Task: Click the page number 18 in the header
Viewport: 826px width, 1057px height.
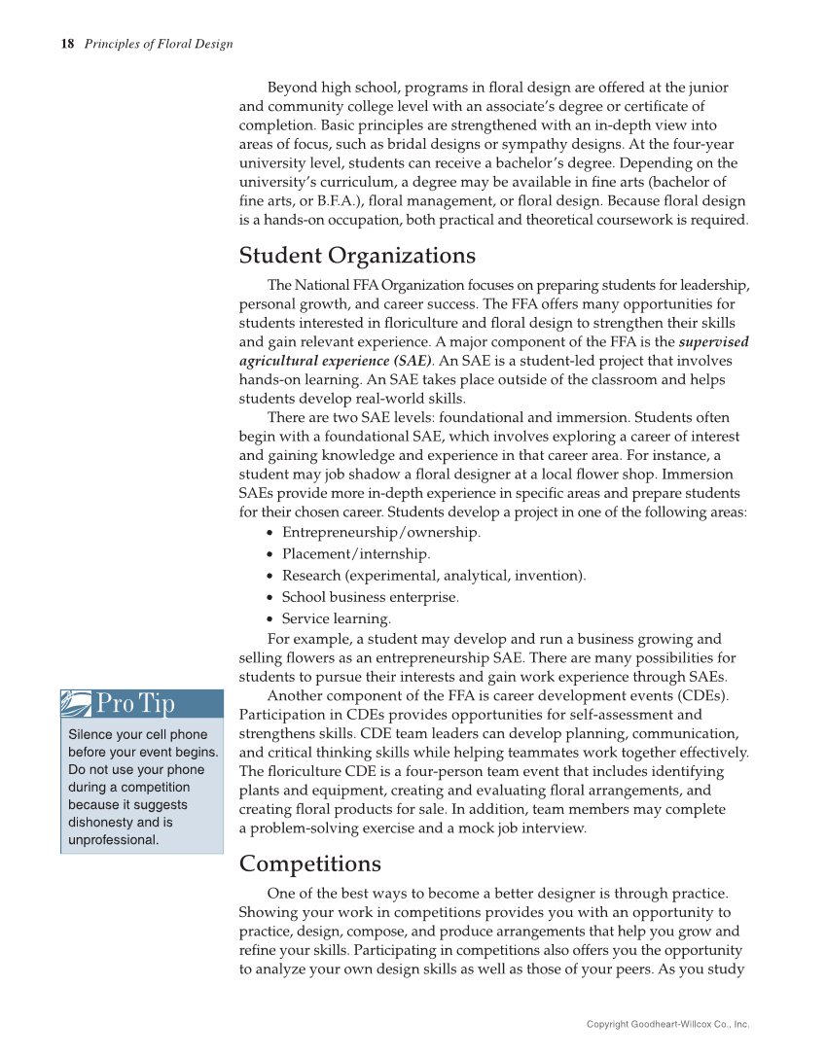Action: pos(67,44)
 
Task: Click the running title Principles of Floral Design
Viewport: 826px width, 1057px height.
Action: pos(159,44)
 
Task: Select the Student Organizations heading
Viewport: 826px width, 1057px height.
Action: pos(357,256)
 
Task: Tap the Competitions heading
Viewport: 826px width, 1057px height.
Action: pos(309,863)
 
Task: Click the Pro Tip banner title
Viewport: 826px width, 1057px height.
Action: pos(135,703)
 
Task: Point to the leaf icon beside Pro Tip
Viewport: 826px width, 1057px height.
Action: pos(77,703)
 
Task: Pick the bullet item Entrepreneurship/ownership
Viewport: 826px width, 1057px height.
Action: pos(380,532)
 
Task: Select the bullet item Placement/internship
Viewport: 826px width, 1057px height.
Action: pos(355,553)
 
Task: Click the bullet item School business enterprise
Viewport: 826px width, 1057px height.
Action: pos(370,596)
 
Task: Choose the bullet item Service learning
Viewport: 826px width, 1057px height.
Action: pos(336,618)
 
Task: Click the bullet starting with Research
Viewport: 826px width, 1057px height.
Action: pos(433,575)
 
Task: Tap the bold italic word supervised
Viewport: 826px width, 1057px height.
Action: pos(713,341)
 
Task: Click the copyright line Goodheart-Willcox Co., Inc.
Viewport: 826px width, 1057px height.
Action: pos(667,1024)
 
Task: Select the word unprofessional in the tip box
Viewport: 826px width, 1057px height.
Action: pos(113,840)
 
